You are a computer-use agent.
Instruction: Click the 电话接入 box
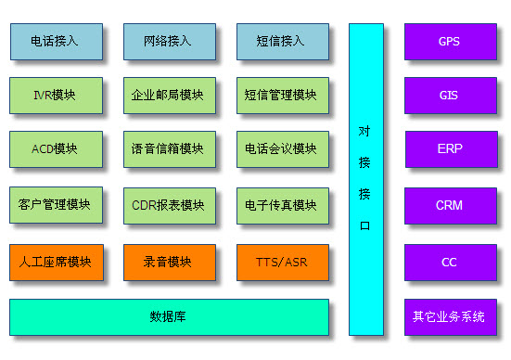(x=55, y=41)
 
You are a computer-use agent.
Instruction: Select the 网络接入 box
(x=168, y=41)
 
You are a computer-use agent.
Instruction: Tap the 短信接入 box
(x=281, y=41)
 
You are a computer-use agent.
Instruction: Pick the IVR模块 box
(x=55, y=95)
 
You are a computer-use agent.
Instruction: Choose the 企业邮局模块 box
(x=168, y=95)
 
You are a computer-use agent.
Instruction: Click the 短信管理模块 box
(x=281, y=95)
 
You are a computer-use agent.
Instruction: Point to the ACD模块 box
(x=55, y=148)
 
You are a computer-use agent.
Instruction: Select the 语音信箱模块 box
(x=168, y=148)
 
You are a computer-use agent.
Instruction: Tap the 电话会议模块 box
(x=281, y=148)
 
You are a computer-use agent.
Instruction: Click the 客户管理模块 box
(x=55, y=205)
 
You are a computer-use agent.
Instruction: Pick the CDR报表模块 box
(x=168, y=205)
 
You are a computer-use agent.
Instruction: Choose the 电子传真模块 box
(x=281, y=205)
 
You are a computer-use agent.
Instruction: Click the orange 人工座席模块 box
(x=55, y=262)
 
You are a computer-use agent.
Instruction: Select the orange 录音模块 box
(x=168, y=262)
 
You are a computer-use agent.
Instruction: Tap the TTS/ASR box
(x=281, y=262)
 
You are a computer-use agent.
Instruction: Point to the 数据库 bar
(x=168, y=316)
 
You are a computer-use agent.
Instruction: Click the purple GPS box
(x=449, y=41)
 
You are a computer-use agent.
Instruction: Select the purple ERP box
(x=449, y=148)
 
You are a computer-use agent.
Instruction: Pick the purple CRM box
(x=449, y=205)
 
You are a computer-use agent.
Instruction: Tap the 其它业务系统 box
(x=449, y=316)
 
